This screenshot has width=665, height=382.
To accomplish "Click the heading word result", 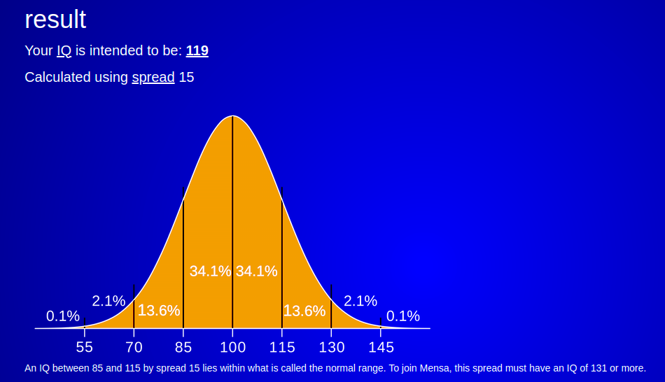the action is coord(55,20).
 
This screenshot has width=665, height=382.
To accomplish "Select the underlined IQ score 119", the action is coord(197,51).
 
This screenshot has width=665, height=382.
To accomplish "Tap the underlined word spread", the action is coord(153,78).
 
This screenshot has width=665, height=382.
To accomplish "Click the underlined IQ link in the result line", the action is coord(64,51).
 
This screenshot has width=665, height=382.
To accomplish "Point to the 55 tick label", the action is coord(85,347).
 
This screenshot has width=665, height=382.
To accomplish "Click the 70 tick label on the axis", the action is coord(134,347).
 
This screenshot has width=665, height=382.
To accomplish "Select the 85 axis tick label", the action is coord(183,347).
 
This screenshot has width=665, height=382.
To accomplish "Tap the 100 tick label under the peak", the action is coord(233,347).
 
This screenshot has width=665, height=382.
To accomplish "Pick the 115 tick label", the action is coord(282,347).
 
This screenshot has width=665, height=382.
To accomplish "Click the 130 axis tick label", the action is coord(332,347).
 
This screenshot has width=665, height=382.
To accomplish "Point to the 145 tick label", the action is coord(381,347).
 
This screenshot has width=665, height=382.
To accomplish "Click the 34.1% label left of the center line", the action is coord(211,271).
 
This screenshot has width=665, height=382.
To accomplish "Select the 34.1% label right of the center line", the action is coord(257,271).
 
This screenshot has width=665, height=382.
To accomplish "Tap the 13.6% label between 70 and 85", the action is coord(159,311).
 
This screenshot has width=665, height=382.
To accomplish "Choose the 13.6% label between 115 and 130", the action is coord(304,311).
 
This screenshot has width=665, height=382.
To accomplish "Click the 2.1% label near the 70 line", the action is coord(108,301).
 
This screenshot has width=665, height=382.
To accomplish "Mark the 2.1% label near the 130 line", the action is coord(360,301).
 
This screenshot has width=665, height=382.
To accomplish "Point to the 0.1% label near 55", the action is coord(63,316).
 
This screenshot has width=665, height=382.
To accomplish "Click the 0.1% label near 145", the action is coord(403,316).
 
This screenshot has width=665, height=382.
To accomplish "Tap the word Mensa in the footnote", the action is coord(434,368).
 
